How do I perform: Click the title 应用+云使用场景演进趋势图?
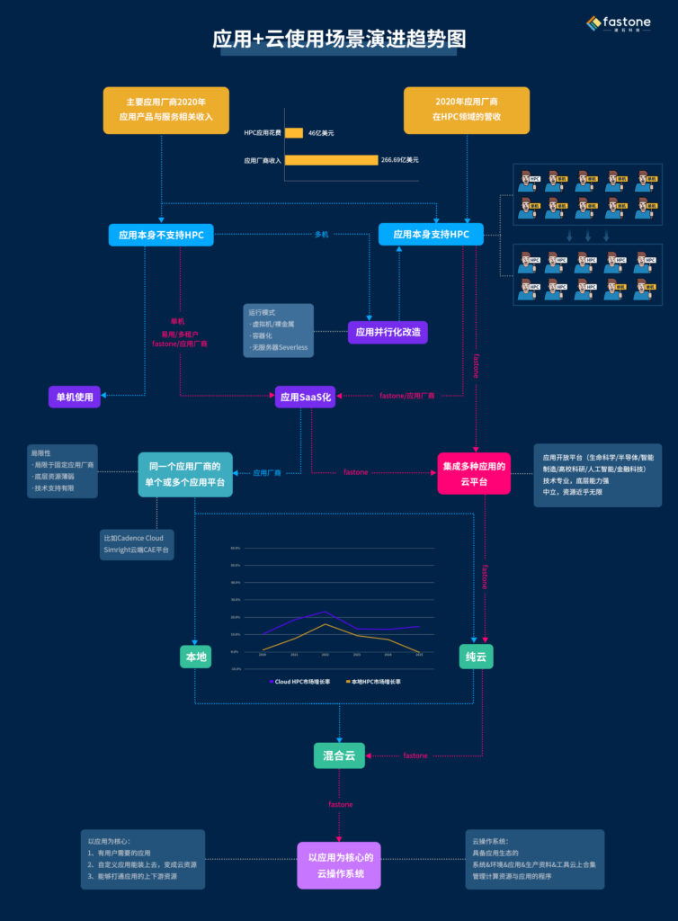[339, 40]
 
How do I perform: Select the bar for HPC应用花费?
[294, 133]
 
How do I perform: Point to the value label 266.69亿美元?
[400, 160]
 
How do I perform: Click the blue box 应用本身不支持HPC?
[161, 236]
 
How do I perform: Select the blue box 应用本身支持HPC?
[431, 234]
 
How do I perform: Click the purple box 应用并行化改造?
[388, 332]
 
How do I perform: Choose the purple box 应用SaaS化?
[305, 397]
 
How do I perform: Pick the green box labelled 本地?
[196, 657]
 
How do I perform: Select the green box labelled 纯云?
[475, 657]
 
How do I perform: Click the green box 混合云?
[339, 756]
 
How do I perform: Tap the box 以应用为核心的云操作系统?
[340, 864]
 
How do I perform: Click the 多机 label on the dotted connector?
[321, 235]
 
